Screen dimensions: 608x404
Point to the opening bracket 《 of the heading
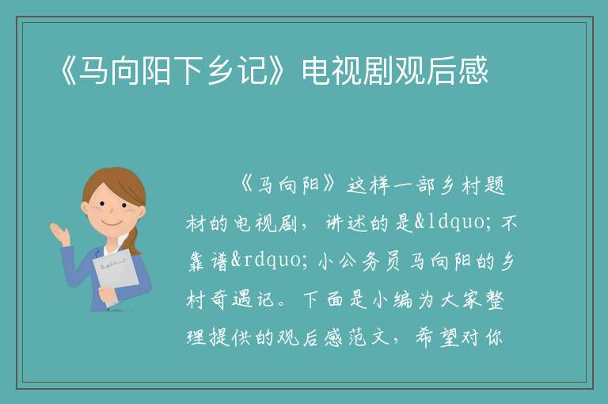click(68, 71)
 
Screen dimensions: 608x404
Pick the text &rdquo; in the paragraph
click(268, 261)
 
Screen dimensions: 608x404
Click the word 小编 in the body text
click(392, 299)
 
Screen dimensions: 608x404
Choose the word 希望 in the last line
click(437, 337)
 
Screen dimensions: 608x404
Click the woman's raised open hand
click(59, 233)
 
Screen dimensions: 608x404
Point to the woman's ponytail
click(135, 241)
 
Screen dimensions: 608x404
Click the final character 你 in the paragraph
click(494, 337)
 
